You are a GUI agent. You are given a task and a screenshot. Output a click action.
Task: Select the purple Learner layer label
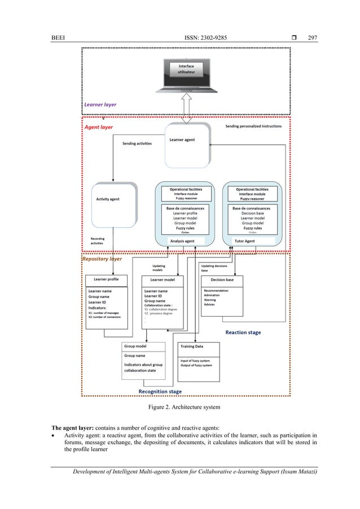tap(100, 104)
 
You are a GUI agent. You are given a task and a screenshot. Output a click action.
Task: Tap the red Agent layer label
tap(98, 127)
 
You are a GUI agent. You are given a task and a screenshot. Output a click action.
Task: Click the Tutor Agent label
tap(244, 241)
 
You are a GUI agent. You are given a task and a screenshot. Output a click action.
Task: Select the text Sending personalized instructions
tap(253, 126)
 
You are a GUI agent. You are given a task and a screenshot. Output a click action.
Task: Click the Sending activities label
tap(137, 143)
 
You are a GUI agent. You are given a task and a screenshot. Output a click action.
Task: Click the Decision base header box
tap(222, 279)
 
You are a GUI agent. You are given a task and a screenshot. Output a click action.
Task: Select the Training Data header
tap(192, 346)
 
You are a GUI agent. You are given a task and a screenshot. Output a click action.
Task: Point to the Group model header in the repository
tap(135, 346)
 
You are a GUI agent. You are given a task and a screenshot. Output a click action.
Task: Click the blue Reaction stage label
tap(243, 332)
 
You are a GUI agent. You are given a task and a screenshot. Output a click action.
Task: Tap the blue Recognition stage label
tap(160, 391)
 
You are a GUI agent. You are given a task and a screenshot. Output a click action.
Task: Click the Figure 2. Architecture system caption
tap(179, 406)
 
